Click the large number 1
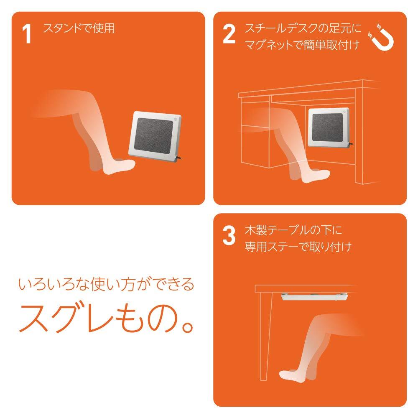click(x=27, y=34)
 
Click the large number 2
click(x=229, y=34)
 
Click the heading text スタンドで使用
click(x=79, y=28)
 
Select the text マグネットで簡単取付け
click(x=302, y=45)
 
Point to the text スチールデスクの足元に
click(x=303, y=28)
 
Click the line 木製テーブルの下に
click(x=293, y=230)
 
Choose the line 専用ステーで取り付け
click(x=298, y=247)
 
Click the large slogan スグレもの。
click(x=106, y=318)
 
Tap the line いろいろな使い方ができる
click(x=106, y=284)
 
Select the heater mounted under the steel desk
click(x=329, y=127)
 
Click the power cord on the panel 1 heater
click(x=179, y=158)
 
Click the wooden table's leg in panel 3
click(x=265, y=336)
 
